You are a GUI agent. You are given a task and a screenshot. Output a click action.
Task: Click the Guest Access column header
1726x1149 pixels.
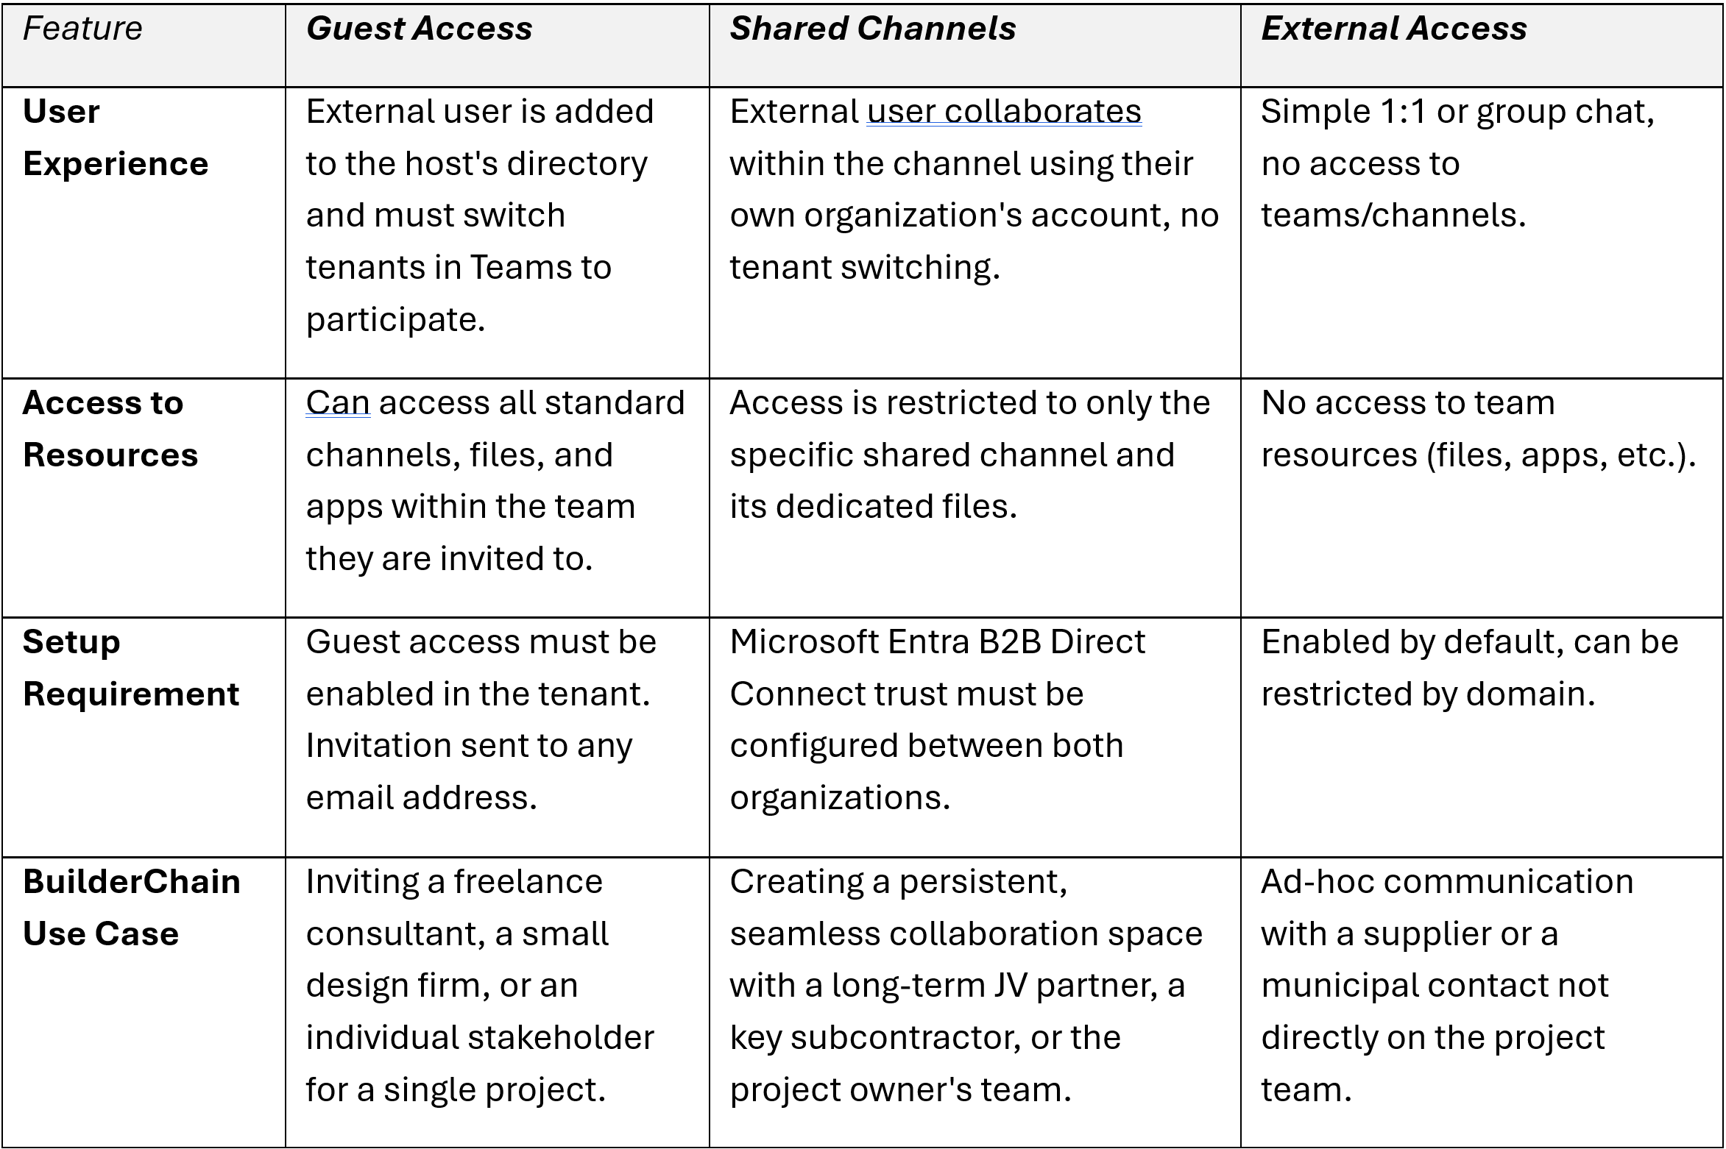coord(419,29)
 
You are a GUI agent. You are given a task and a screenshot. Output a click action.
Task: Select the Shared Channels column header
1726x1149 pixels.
coord(872,29)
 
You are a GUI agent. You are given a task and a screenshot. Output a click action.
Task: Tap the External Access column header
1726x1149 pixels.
coord(1393,29)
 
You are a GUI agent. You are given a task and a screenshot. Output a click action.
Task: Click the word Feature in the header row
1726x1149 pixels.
coord(82,29)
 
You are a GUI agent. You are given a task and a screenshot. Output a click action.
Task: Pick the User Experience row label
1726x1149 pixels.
coord(116,138)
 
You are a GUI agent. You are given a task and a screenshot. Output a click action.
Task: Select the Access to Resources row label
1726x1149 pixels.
coord(110,428)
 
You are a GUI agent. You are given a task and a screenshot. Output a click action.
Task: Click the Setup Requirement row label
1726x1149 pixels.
coord(131,668)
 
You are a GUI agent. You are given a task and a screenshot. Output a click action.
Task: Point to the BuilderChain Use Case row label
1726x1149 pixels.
coord(132,907)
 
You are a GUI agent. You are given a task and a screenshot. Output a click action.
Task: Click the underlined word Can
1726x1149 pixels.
coord(338,403)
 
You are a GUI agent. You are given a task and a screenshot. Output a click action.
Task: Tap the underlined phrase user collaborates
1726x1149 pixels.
coord(1004,112)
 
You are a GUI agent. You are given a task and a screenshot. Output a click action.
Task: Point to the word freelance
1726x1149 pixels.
coord(528,881)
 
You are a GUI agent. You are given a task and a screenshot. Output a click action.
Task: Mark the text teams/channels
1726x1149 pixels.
coord(1393,216)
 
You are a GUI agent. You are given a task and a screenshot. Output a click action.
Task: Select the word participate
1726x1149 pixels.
coord(395,320)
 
